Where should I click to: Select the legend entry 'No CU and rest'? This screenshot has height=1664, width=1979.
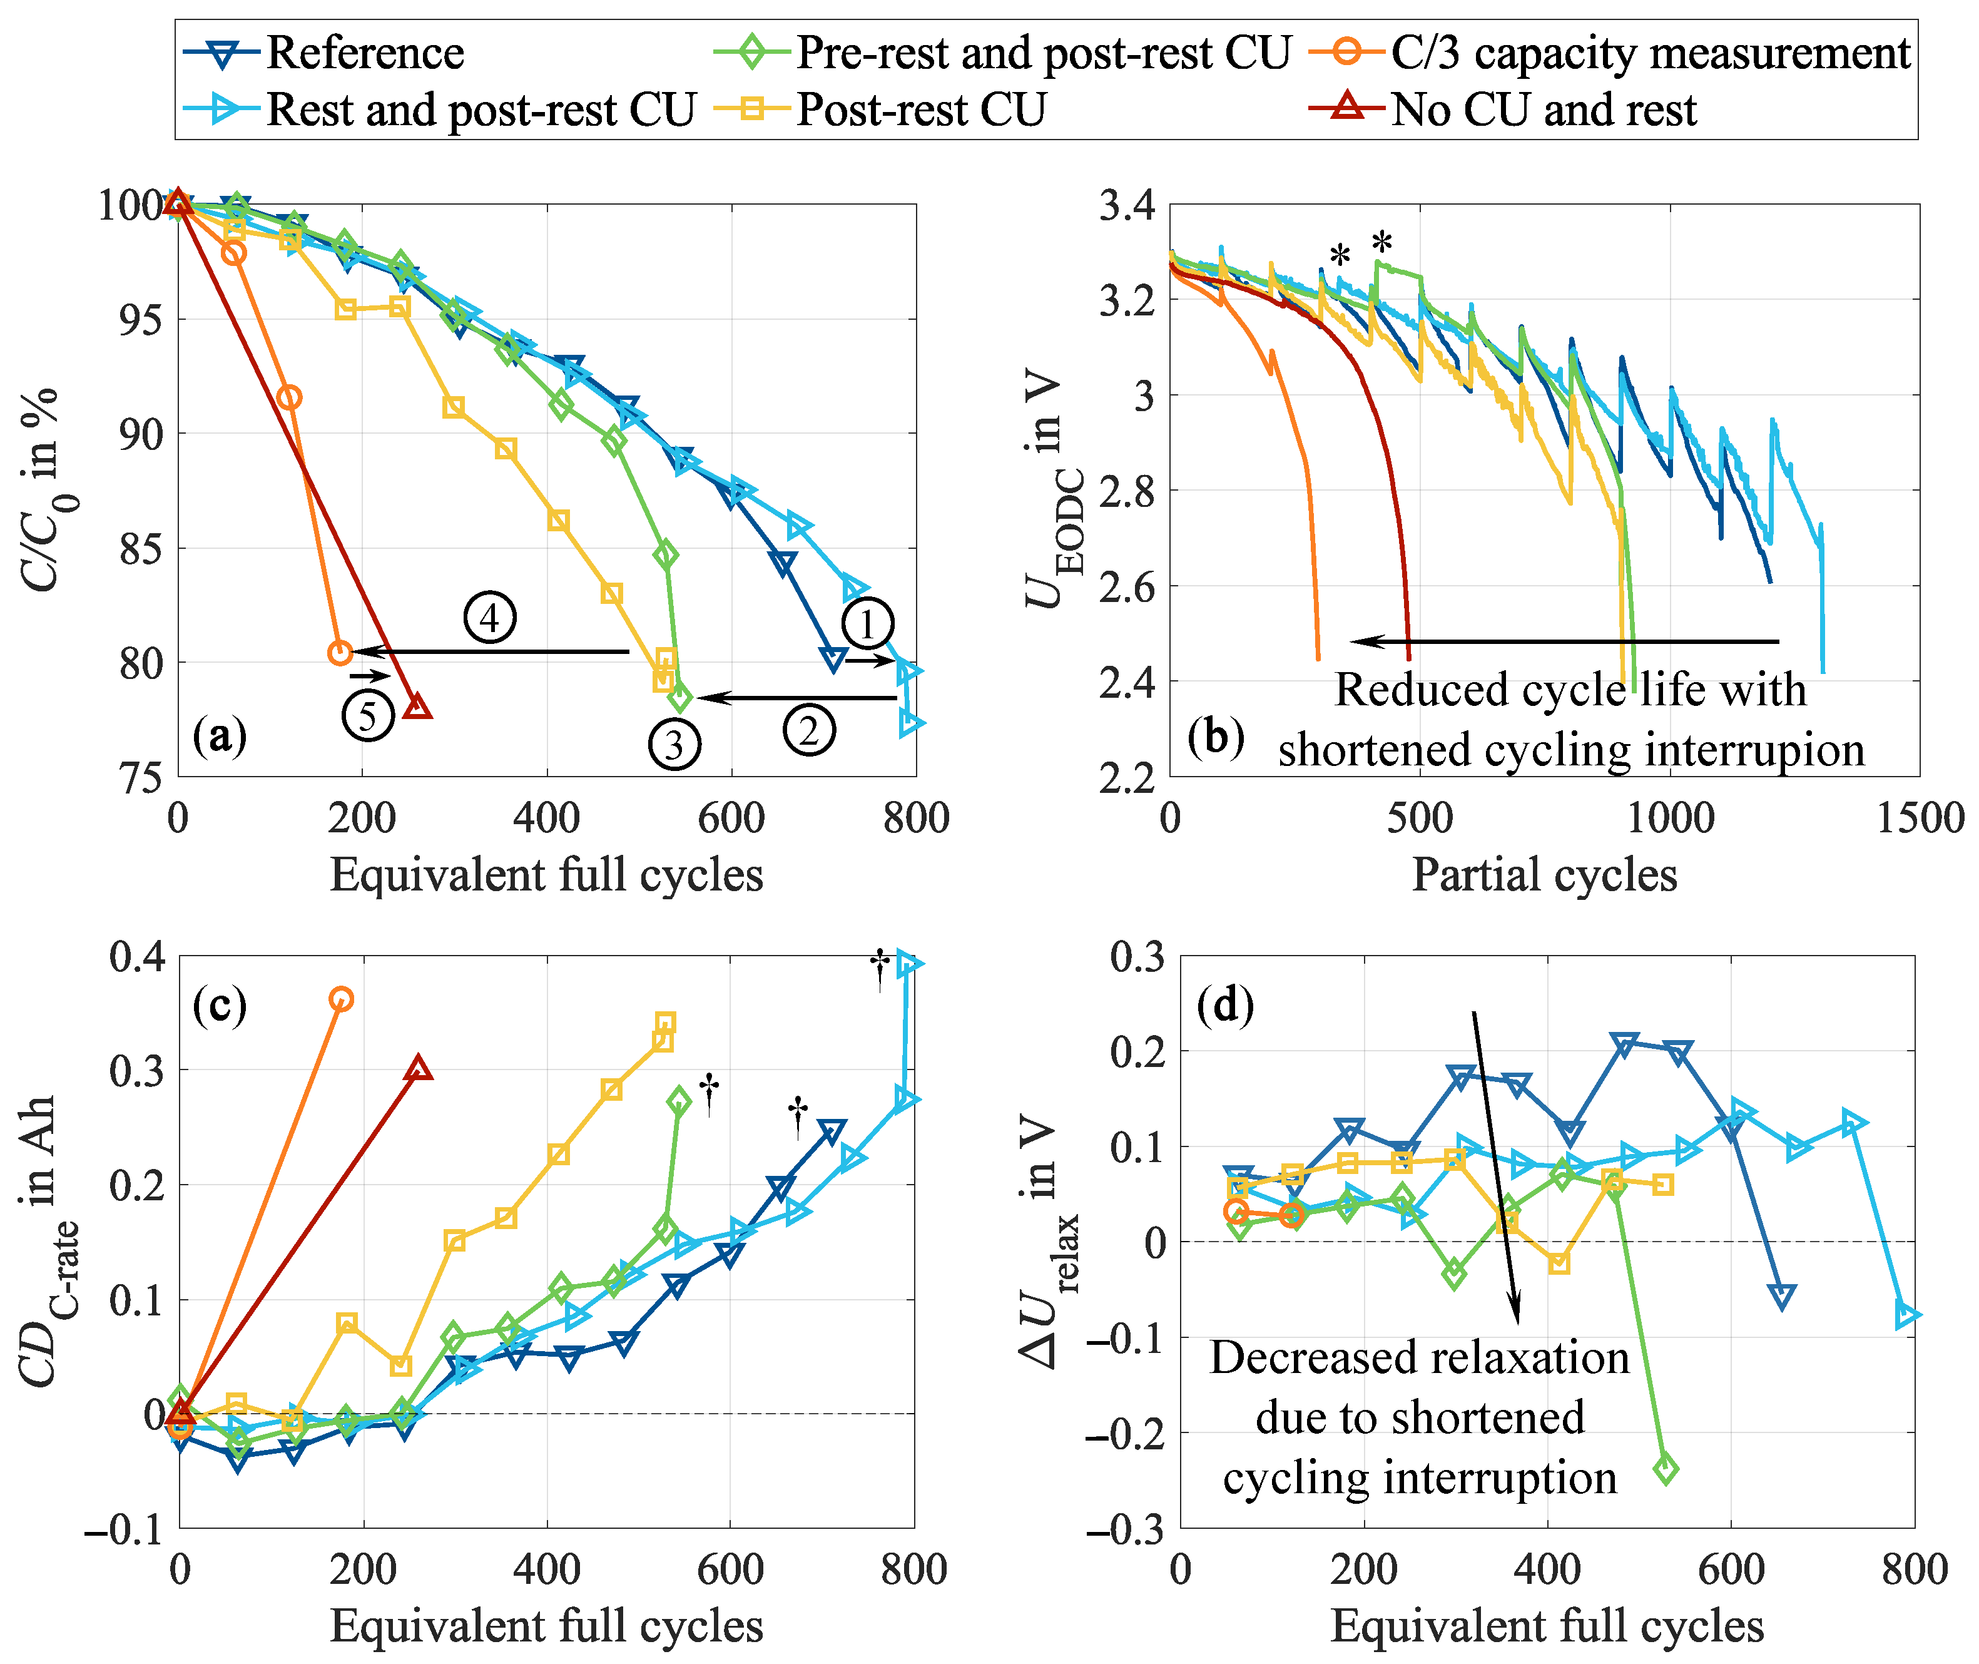[1543, 110]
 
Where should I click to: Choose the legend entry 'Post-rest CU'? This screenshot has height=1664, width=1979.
[920, 110]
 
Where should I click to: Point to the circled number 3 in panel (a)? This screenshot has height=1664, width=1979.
[673, 745]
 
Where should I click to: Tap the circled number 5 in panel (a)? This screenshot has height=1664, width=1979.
[367, 715]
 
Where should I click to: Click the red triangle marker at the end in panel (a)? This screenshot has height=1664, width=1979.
[417, 707]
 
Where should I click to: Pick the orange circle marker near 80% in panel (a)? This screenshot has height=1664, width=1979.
[340, 652]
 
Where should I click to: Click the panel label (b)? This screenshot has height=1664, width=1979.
[1215, 737]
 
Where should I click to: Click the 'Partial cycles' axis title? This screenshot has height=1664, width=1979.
[1544, 874]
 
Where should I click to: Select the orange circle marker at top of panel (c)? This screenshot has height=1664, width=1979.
[342, 999]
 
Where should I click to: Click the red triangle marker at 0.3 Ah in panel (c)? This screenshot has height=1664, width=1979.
[419, 1069]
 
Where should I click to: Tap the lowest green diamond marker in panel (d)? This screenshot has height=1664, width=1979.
[1665, 1469]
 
